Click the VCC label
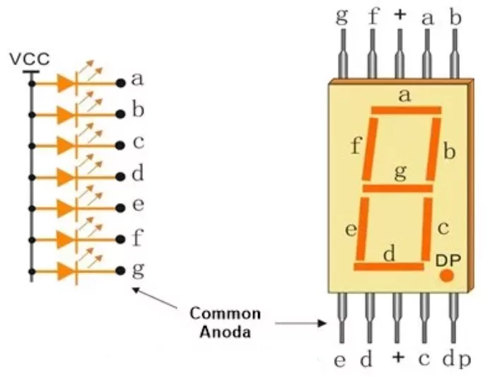[x=30, y=59]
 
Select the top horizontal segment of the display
[x=406, y=110]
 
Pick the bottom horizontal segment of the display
[x=389, y=266]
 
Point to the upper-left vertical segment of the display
[x=370, y=149]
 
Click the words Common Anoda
[x=224, y=322]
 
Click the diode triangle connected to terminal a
[x=66, y=83]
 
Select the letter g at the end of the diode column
[x=138, y=270]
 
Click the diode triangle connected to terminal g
[x=66, y=270]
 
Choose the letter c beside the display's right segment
[x=443, y=228]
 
